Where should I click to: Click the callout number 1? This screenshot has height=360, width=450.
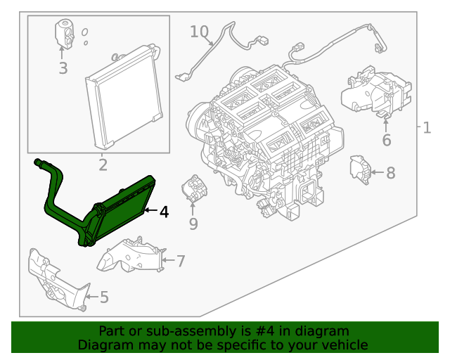pos(426,128)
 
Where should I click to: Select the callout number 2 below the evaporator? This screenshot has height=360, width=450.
pos(103,166)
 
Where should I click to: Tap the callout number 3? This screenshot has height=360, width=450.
pos(63,68)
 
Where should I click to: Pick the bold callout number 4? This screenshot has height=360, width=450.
pos(163,211)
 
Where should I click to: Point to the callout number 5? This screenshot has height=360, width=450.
pos(104,297)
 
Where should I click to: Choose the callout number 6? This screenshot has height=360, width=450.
pos(386,141)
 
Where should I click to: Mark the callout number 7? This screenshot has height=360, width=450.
pos(181,262)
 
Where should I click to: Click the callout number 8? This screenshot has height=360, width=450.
pos(391,172)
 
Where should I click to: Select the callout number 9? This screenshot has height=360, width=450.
pos(193,224)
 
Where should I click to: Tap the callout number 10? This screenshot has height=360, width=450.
pos(199,32)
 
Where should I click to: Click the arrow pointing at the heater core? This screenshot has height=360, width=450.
pos(150,210)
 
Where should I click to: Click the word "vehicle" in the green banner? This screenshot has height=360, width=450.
pos(343,345)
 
